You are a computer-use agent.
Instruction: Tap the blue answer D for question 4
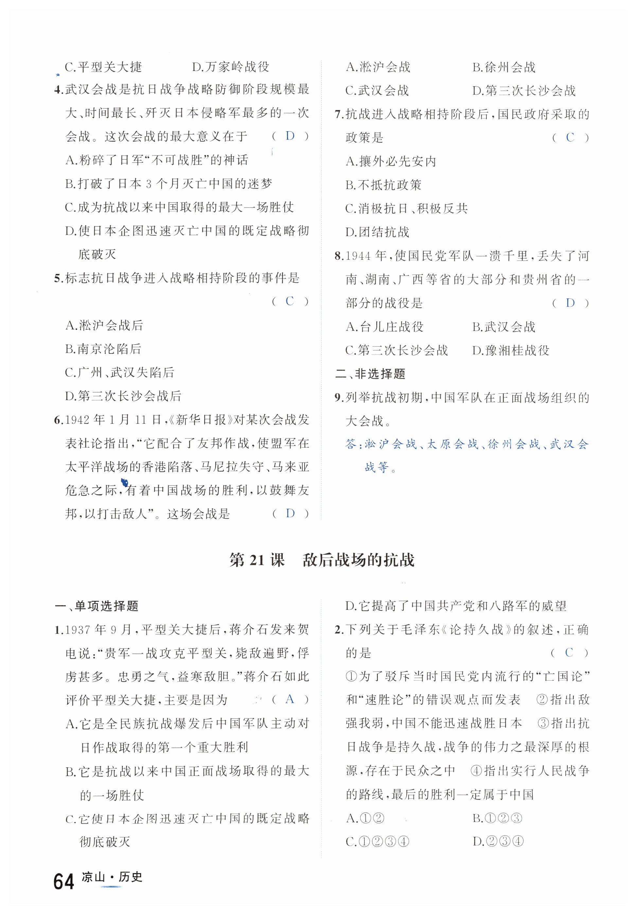click(x=290, y=136)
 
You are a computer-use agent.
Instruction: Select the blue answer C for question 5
click(x=290, y=301)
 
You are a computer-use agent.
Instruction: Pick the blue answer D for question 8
click(x=570, y=303)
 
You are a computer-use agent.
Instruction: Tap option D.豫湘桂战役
click(x=511, y=350)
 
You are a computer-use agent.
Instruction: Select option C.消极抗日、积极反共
click(x=406, y=208)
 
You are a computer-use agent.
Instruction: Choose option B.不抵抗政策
click(x=383, y=185)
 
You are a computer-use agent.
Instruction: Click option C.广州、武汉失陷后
click(x=119, y=373)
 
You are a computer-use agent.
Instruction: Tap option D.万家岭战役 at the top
click(x=231, y=67)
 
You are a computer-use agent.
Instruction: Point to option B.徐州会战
click(x=504, y=67)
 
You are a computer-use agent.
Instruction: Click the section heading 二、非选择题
click(x=370, y=374)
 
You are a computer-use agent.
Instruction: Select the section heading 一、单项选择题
click(x=96, y=606)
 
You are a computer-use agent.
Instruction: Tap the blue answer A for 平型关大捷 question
click(x=290, y=699)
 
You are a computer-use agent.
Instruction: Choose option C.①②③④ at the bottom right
click(x=377, y=841)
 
